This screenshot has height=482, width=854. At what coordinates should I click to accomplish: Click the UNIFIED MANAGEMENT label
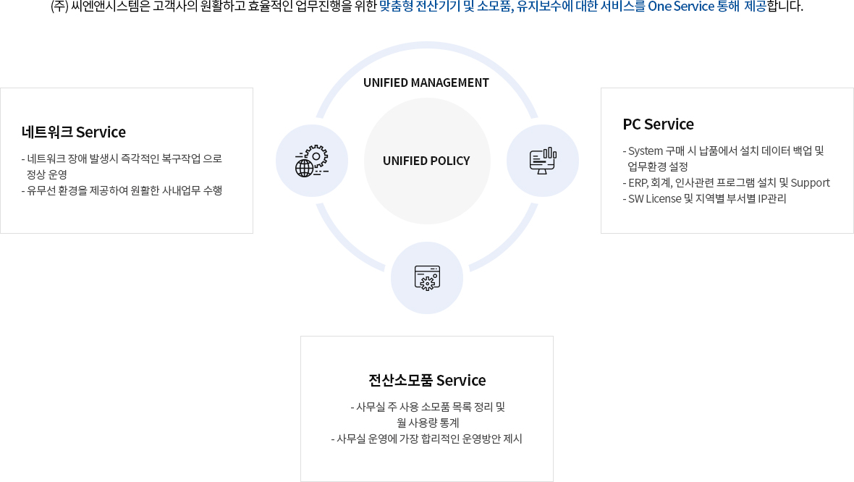426,83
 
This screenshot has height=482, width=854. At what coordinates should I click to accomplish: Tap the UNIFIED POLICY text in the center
426,161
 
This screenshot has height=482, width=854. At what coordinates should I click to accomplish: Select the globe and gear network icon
312,161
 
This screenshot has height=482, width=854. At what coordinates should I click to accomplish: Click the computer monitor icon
543,161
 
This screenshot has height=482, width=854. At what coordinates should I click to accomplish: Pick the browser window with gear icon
427,278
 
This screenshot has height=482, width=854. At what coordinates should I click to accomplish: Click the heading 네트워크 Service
74,132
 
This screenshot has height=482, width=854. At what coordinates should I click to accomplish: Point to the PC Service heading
658,124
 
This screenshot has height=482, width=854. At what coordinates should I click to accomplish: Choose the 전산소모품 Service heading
427,380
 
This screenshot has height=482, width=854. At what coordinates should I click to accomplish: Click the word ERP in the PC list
638,182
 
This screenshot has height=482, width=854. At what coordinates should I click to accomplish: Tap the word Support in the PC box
810,182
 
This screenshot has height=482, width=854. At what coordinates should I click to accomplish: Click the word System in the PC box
646,151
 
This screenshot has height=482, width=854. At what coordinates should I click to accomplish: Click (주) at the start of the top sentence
60,7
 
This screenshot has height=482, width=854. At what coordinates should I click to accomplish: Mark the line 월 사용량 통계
428,423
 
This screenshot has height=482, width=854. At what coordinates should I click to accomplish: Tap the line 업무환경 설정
658,166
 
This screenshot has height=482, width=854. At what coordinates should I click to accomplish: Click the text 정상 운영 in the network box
47,174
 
